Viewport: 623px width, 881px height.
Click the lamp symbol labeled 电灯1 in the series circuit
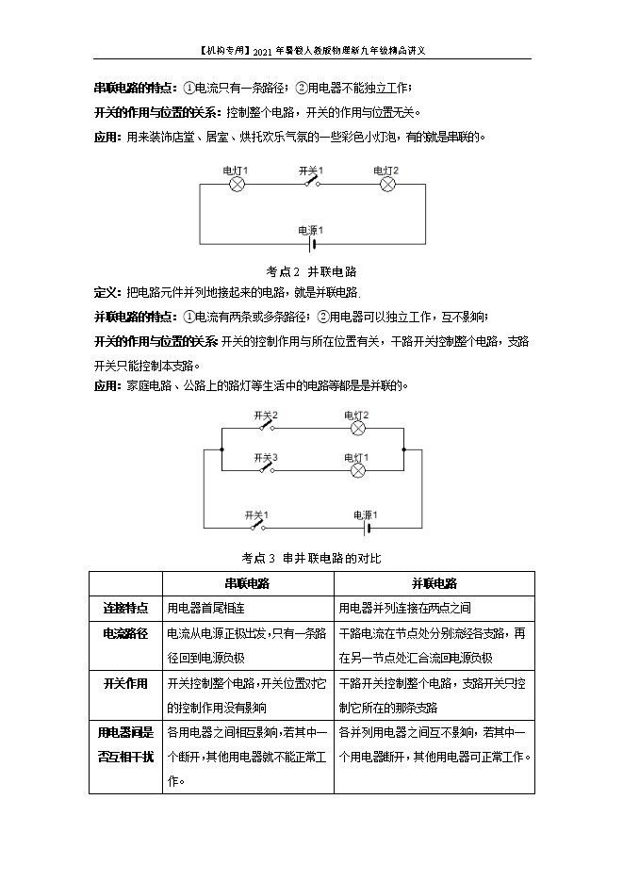pyautogui.click(x=238, y=185)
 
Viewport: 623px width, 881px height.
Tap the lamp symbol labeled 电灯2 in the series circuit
pyautogui.click(x=386, y=185)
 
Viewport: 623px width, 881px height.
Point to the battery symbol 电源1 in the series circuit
pyautogui.click(x=311, y=243)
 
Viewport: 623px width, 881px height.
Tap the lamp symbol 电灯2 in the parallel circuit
pyautogui.click(x=357, y=428)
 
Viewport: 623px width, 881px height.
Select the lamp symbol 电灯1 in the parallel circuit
pyautogui.click(x=357, y=468)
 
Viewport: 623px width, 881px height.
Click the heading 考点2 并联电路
pyautogui.click(x=311, y=271)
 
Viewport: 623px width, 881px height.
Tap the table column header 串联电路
pyautogui.click(x=247, y=583)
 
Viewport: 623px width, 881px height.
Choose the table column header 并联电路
pyautogui.click(x=434, y=583)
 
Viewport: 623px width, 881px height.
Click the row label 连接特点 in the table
pyautogui.click(x=125, y=608)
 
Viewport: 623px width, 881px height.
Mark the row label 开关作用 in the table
pyautogui.click(x=125, y=683)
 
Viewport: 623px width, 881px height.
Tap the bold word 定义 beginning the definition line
pyautogui.click(x=107, y=292)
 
